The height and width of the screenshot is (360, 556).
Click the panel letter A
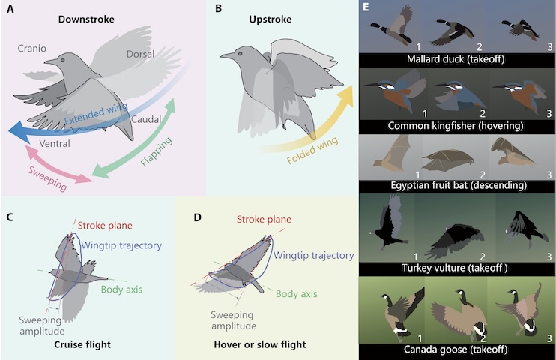[x=10, y=9]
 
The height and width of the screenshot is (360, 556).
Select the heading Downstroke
[x=89, y=18]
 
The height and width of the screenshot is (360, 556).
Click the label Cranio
[x=31, y=49]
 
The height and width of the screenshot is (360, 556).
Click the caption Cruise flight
[x=84, y=344]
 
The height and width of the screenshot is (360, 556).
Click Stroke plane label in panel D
[x=264, y=220]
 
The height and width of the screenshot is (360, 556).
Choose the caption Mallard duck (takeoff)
[x=457, y=58]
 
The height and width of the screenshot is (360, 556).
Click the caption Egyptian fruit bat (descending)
[x=457, y=184]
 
